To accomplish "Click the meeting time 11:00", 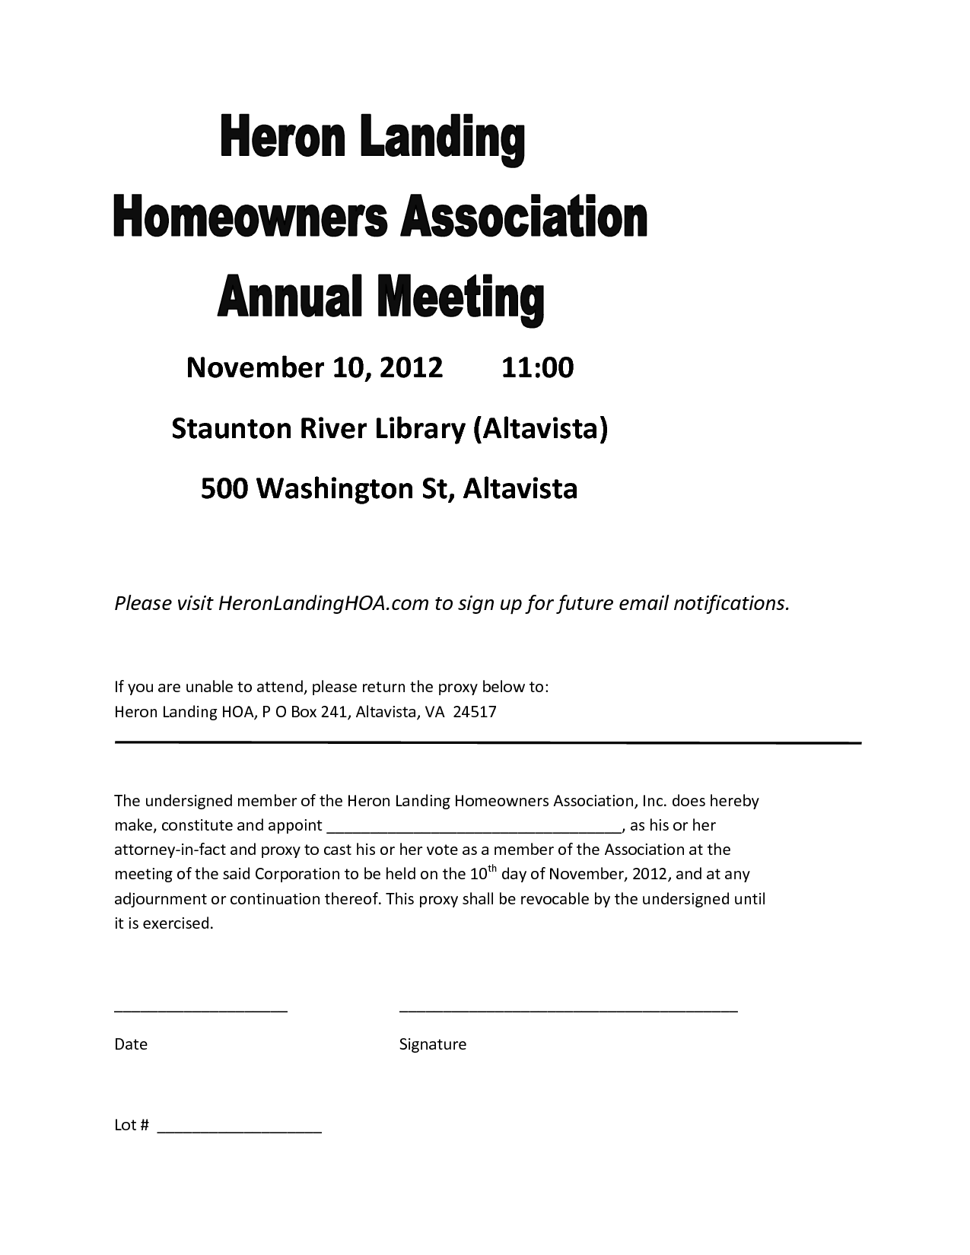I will (537, 367).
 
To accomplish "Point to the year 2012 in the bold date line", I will (411, 367).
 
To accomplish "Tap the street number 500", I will (224, 488).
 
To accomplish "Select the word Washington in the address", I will (333, 488).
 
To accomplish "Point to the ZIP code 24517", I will (475, 712).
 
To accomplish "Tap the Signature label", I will (432, 1044).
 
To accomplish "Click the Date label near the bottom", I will (131, 1044).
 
